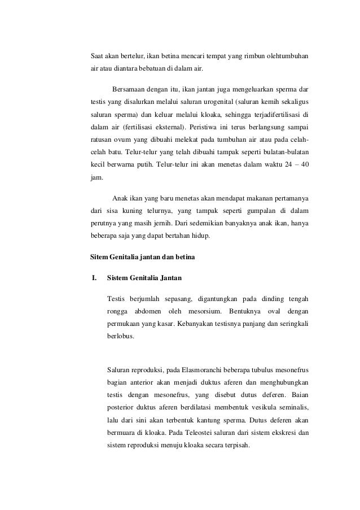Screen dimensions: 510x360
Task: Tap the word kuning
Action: pos(136,210)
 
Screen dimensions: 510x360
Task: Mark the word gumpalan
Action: pos(247,210)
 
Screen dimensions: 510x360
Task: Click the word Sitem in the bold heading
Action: pos(100,258)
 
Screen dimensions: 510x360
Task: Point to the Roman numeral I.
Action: pos(94,277)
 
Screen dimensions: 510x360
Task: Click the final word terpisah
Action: pos(239,444)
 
